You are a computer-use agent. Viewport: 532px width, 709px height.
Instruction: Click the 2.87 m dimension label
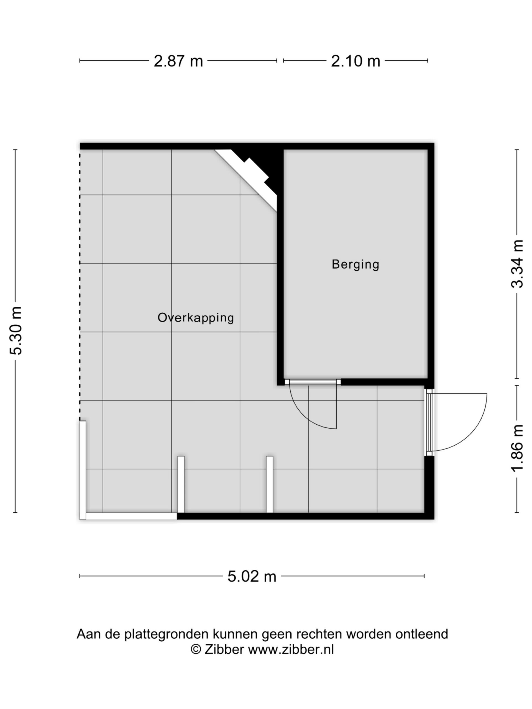click(178, 61)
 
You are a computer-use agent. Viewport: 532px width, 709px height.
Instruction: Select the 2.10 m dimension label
click(355, 61)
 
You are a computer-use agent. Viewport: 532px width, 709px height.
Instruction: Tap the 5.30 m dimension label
click(16, 330)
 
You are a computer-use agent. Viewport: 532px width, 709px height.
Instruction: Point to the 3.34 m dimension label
click(517, 264)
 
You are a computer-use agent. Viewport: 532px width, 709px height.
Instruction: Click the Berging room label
click(355, 265)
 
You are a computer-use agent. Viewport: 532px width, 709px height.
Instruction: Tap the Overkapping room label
click(196, 318)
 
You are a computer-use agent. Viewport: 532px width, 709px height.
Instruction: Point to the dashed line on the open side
click(80, 285)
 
